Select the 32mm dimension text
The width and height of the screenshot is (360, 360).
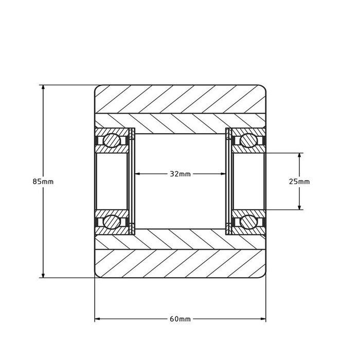point(180,174)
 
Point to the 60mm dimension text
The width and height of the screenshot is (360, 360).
point(180,319)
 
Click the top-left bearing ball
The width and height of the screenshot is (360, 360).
point(111,140)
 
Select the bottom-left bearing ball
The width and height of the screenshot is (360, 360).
point(111,222)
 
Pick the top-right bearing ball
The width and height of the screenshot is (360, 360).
point(248,140)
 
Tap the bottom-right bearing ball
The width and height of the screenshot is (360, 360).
point(248,222)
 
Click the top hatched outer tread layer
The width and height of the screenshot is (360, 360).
point(180,99)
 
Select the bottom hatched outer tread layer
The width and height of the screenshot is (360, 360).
point(180,264)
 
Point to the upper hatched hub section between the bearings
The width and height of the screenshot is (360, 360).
point(180,123)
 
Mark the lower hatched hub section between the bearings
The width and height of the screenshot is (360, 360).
point(180,239)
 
